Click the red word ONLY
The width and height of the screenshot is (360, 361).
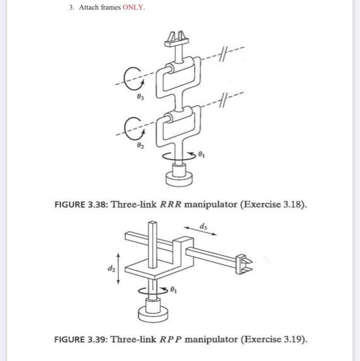134,8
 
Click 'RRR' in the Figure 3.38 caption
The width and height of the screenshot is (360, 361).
171,204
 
